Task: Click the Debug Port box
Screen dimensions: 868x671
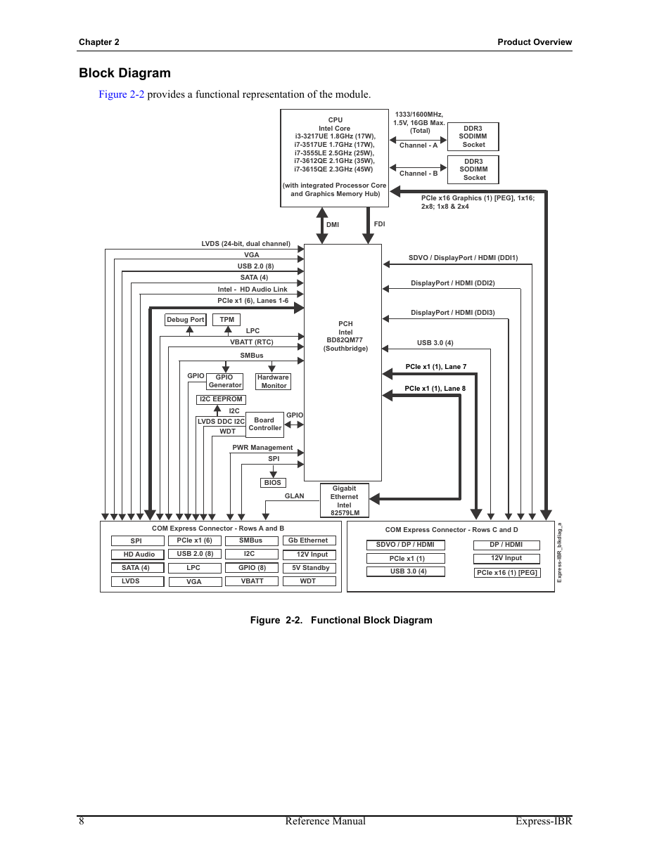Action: click(185, 320)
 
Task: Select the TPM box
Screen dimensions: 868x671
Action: click(226, 320)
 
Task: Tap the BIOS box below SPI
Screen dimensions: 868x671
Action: click(273, 483)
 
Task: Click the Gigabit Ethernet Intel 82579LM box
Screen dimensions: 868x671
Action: click(344, 500)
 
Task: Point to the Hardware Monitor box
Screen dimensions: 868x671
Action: click(274, 382)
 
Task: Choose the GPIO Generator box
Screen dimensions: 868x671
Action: click(225, 381)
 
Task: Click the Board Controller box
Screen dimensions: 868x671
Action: click(264, 424)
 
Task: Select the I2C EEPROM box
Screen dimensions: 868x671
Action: click(221, 399)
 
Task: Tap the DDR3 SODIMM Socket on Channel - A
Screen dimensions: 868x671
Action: click(473, 137)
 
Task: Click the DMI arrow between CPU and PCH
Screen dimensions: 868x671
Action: click(322, 226)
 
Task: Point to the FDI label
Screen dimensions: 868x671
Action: click(379, 224)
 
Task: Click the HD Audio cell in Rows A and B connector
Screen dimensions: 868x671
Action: click(138, 555)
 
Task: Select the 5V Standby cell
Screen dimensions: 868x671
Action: click(309, 568)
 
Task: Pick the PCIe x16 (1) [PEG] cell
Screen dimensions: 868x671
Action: click(507, 573)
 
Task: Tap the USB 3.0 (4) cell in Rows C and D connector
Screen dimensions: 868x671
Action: click(406, 571)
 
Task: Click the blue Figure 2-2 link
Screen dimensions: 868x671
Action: click(121, 94)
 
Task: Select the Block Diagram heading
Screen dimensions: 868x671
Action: click(124, 73)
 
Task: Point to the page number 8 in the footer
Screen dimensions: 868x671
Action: click(82, 821)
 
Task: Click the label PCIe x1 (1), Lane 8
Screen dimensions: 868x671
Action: click(435, 389)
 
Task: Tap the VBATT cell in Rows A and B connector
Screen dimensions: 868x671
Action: click(252, 581)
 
